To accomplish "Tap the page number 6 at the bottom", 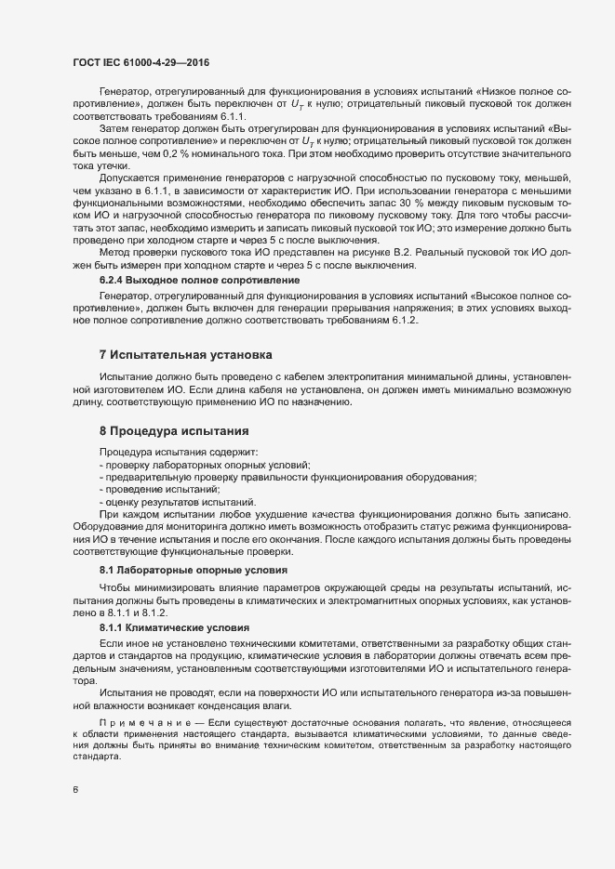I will point(75,791).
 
